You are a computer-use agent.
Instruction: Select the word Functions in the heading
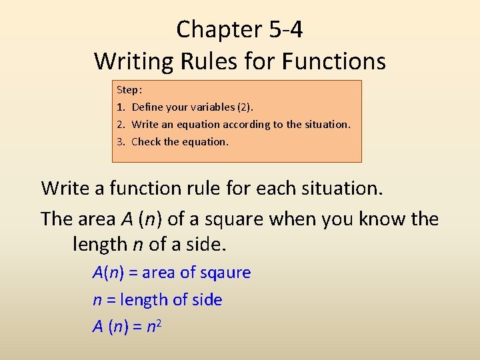pyautogui.click(x=334, y=61)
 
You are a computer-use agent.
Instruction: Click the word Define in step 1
pyautogui.click(x=147, y=107)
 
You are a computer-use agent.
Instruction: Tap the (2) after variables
pyautogui.click(x=245, y=107)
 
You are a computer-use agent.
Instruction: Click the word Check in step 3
pyautogui.click(x=146, y=141)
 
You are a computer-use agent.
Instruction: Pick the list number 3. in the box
pyautogui.click(x=121, y=141)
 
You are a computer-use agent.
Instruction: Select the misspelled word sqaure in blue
pyautogui.click(x=224, y=273)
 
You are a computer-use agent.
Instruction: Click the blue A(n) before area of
pyautogui.click(x=107, y=273)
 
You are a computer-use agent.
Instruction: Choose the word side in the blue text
pyautogui.click(x=206, y=300)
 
